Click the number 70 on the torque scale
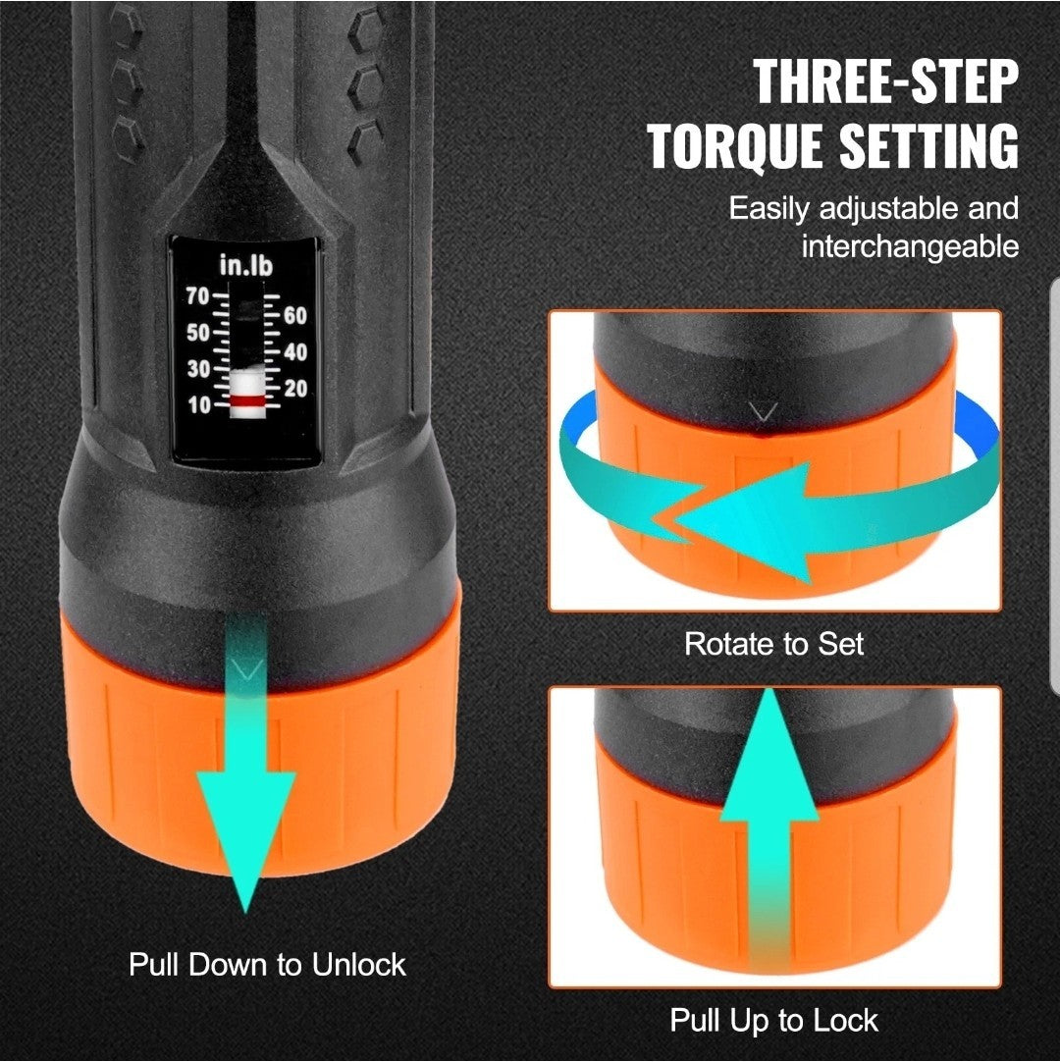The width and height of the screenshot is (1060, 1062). coord(197,294)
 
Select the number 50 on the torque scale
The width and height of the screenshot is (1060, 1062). coord(197,332)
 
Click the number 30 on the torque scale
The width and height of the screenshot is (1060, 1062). coord(197,369)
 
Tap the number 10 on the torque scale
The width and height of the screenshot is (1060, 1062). coord(197,405)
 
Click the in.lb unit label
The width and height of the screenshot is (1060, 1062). coord(245,266)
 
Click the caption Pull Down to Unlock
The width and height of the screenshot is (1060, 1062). coord(267,964)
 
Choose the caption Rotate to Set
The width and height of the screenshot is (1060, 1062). coord(773,644)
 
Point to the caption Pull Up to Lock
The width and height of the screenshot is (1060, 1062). coord(773,1020)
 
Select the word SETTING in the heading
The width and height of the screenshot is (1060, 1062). coord(927,147)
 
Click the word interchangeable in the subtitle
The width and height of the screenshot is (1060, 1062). coord(910,246)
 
